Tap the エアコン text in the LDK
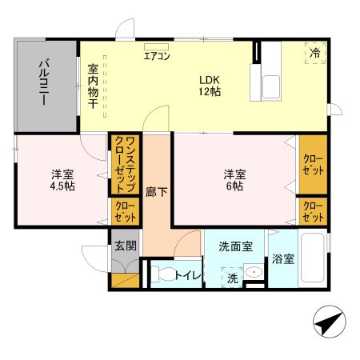tap(156, 56)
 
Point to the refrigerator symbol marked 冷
tap(315, 52)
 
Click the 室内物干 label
tap(93, 87)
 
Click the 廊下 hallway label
tap(156, 192)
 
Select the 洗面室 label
tap(235, 246)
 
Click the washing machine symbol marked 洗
tap(232, 278)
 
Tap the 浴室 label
tap(282, 259)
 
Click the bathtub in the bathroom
tap(312, 260)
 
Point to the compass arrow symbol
tap(326, 324)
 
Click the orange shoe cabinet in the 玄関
tap(125, 281)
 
